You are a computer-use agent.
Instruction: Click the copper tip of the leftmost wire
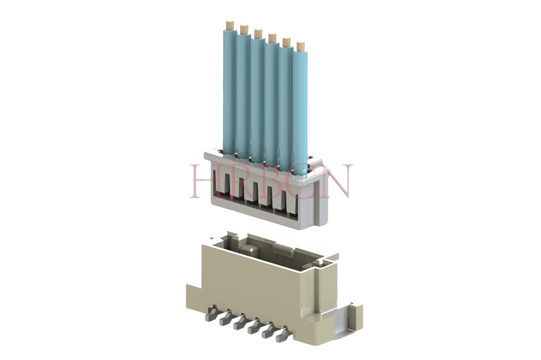click(229, 25)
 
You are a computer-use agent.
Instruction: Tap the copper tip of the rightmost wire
click(300, 46)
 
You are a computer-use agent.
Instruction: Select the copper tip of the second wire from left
click(244, 29)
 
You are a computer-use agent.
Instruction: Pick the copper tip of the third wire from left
click(258, 34)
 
